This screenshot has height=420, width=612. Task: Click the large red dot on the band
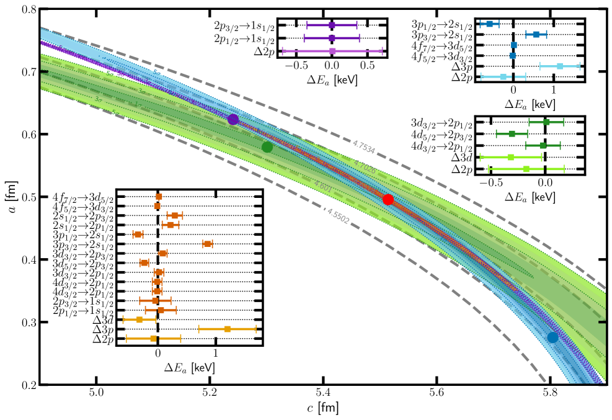click(x=388, y=199)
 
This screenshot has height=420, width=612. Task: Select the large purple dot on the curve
click(x=233, y=119)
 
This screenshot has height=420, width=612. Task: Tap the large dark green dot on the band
click(x=267, y=147)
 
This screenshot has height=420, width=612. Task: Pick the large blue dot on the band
click(x=552, y=337)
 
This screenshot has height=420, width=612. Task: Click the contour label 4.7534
click(x=363, y=147)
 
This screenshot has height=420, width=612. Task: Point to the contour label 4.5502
click(x=338, y=216)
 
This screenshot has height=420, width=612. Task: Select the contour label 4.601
click(x=322, y=185)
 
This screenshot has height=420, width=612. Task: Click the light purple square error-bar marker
click(x=332, y=51)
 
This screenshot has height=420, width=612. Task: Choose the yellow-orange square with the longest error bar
click(x=228, y=329)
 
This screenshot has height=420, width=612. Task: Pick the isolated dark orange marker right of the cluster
click(x=207, y=244)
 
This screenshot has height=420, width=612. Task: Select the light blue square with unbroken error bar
click(x=559, y=66)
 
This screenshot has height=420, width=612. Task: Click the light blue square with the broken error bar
click(x=503, y=77)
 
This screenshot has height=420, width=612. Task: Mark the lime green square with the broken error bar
click(x=526, y=169)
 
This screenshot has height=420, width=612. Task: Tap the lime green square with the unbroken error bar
click(x=510, y=157)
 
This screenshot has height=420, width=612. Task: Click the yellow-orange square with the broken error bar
click(x=153, y=338)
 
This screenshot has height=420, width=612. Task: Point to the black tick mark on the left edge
click(x=44, y=71)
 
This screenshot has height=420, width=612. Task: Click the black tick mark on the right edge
click(x=602, y=322)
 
